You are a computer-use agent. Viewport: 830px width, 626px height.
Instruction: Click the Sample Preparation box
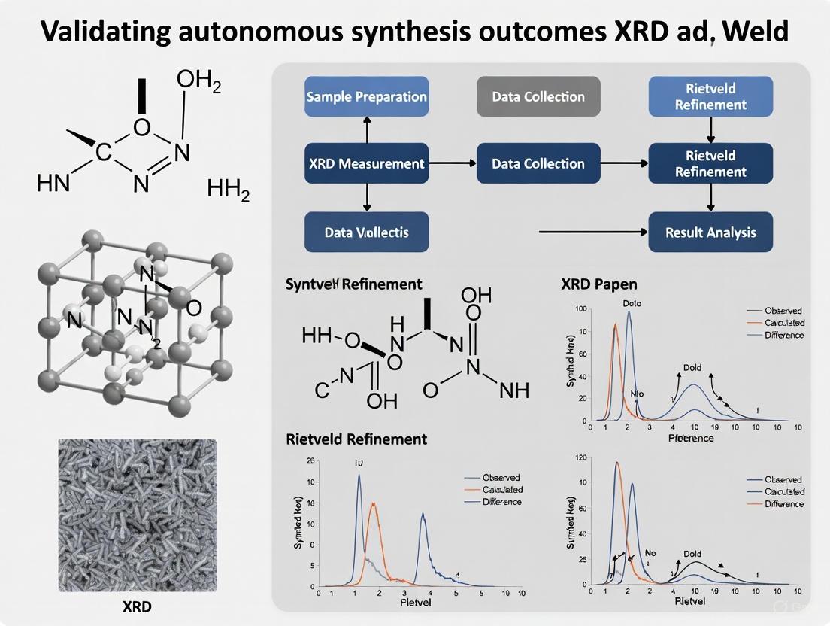(x=367, y=96)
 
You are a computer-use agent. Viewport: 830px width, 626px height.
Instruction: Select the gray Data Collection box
(x=538, y=96)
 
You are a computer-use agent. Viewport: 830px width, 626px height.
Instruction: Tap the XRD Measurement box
(x=367, y=163)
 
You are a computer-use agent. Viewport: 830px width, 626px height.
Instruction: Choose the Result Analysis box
(x=710, y=232)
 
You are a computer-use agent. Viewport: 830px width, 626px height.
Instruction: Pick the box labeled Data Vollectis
(x=367, y=232)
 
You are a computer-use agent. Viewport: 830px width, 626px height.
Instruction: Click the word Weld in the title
(x=756, y=32)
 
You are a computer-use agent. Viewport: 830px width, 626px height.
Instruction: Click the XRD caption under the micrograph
(x=137, y=606)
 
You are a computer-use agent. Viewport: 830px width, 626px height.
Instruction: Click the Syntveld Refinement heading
(x=353, y=284)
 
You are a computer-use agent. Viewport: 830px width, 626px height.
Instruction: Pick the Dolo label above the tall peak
(x=632, y=303)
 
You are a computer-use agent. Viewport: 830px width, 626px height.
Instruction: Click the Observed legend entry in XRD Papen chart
(x=783, y=310)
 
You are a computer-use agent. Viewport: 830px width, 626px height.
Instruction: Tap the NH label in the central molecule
(x=514, y=390)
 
